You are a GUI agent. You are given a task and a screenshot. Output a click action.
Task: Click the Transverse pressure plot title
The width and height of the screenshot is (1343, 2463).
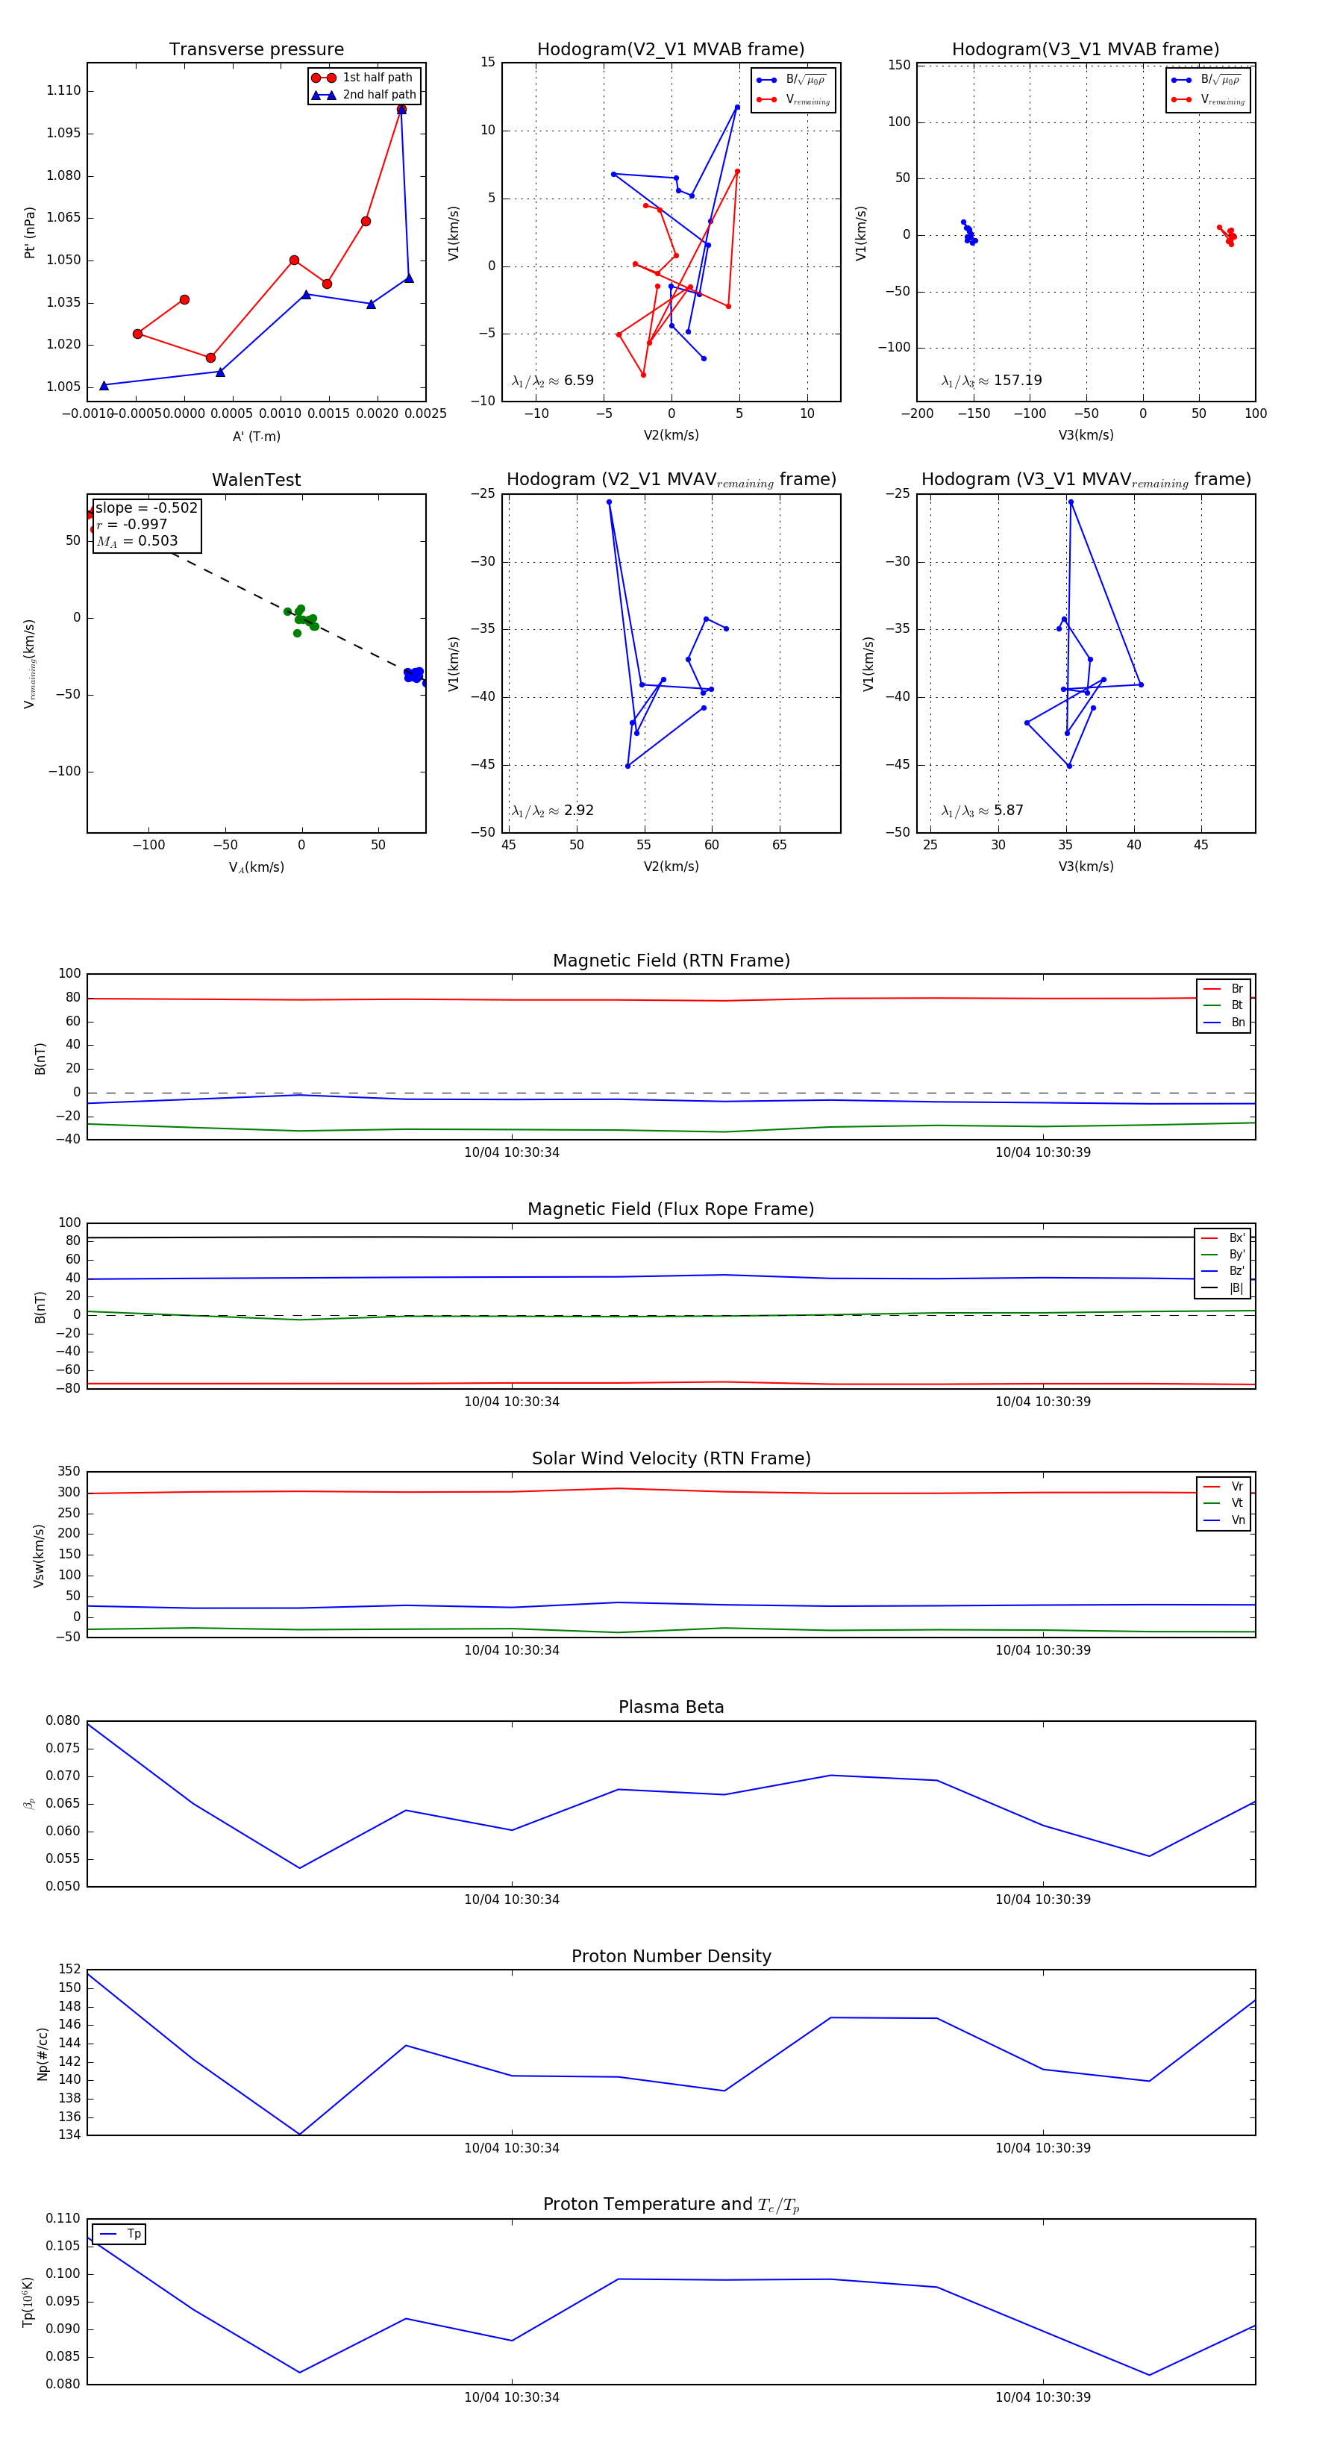coord(256,50)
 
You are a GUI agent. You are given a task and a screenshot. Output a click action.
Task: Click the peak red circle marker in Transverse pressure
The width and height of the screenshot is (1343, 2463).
coord(401,109)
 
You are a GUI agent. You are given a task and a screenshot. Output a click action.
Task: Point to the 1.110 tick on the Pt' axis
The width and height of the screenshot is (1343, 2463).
coord(64,91)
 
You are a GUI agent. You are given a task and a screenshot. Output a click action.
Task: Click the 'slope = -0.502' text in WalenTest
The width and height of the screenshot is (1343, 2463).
coord(146,508)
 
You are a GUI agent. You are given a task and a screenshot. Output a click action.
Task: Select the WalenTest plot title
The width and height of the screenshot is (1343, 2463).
coord(256,480)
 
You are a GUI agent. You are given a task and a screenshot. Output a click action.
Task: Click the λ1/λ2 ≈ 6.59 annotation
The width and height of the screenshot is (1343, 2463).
coord(552,381)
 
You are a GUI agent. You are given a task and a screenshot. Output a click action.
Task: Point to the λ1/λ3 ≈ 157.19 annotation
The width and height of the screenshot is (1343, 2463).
coord(992,381)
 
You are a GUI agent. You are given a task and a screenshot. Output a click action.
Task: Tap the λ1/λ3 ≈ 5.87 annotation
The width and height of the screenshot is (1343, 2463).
coord(982,811)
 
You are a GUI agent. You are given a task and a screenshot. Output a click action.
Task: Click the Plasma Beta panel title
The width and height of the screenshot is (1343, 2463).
coord(671,1708)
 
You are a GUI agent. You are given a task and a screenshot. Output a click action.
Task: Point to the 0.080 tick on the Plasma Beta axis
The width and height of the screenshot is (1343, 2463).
coord(63,1721)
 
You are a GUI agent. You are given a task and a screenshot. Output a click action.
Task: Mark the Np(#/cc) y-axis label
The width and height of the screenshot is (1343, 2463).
coord(42,2054)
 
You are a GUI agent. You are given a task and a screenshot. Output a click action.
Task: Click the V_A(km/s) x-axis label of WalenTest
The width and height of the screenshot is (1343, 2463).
coord(256,867)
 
